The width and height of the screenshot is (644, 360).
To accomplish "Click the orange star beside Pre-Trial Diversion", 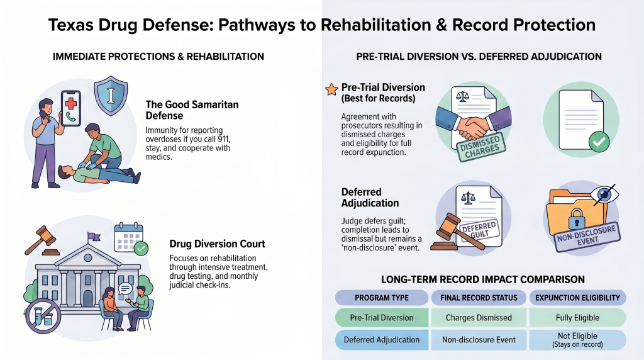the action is [x=331, y=89].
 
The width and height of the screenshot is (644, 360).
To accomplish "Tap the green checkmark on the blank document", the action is [x=599, y=142].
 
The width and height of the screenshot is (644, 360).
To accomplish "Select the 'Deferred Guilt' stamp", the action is [x=479, y=230].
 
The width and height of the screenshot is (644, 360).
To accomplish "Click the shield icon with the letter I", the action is [x=111, y=95].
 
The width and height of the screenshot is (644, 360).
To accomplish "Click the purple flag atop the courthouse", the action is [x=94, y=237].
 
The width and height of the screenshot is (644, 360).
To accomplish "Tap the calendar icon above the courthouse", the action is [x=128, y=237].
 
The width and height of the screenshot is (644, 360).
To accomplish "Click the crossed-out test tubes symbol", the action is [x=43, y=317].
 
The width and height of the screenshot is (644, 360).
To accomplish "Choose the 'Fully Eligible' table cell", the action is [x=577, y=318].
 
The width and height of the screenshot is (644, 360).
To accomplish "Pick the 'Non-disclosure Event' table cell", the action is [x=479, y=340].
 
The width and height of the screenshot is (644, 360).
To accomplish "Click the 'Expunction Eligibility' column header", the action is [x=577, y=298].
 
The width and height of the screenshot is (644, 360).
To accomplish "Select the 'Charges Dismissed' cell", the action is [x=479, y=318].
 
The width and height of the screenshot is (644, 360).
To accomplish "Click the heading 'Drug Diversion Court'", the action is [x=217, y=244].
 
